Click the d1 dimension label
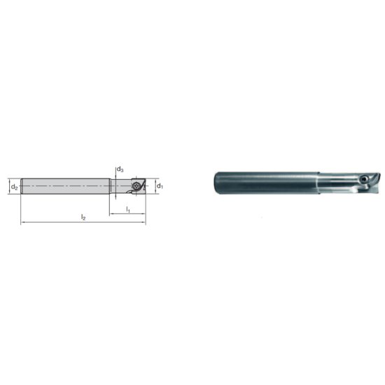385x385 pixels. (160, 186)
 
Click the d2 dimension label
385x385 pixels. (13, 187)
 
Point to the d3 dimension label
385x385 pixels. (120, 170)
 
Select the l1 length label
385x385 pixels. (127, 209)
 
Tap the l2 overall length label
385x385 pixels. (83, 218)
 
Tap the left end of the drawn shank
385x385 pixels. (23, 186)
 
